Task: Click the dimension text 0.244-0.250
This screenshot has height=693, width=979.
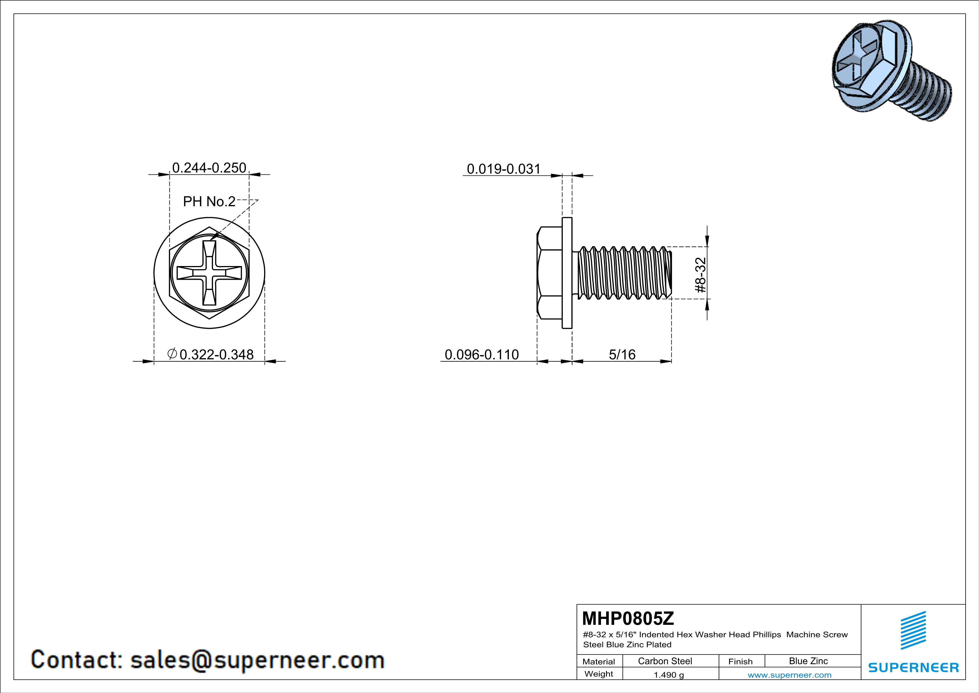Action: coord(209,168)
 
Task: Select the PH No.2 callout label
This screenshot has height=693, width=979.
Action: coord(209,201)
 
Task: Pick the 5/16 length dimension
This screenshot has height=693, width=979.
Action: coord(622,354)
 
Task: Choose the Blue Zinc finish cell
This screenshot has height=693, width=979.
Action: coord(808,661)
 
